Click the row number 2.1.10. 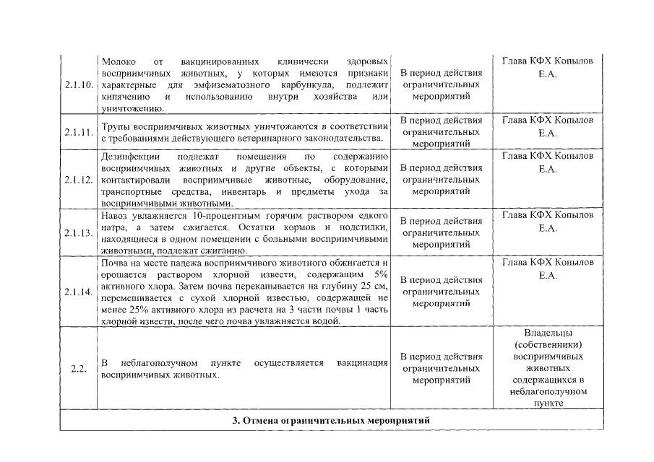(x=78, y=85)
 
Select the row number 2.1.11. (x=78, y=132)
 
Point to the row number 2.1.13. (x=78, y=233)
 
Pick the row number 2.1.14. (x=78, y=292)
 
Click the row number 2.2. (x=79, y=369)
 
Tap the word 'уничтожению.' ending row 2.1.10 (x=128, y=108)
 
